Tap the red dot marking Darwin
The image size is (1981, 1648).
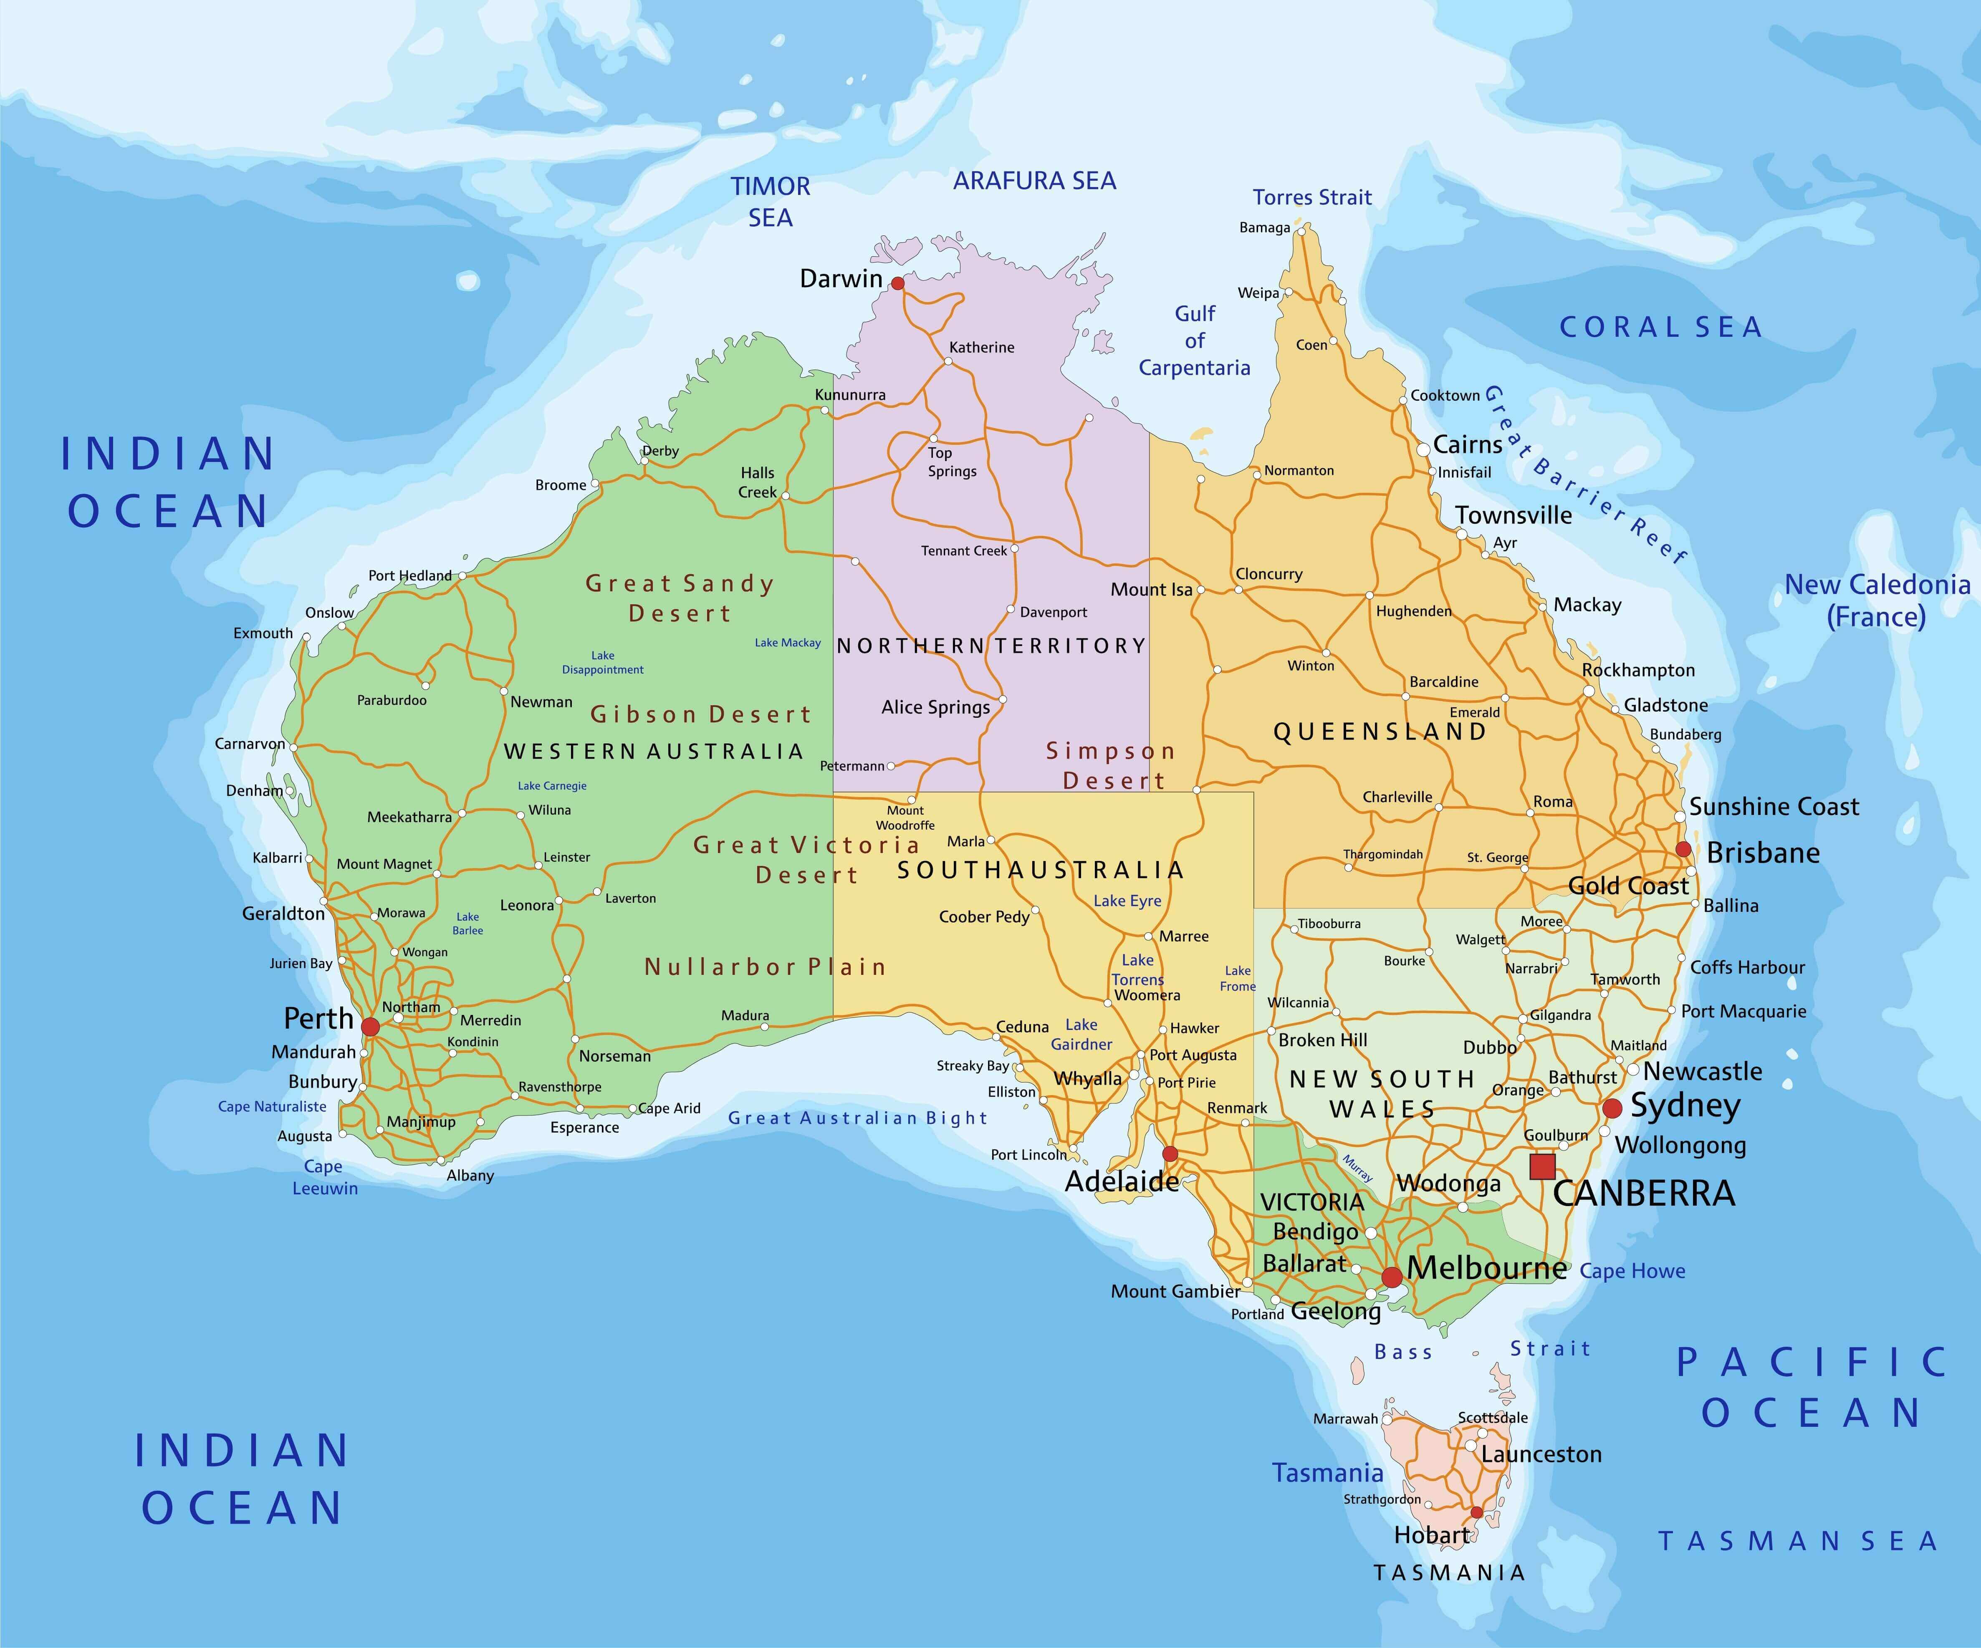click(x=897, y=283)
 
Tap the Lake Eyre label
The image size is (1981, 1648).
click(x=1127, y=901)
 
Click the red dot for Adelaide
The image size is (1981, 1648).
click(x=1170, y=1154)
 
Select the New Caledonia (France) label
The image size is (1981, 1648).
click(x=1876, y=601)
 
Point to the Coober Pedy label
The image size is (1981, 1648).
click(x=984, y=917)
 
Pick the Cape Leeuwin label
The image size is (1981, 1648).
click(x=324, y=1177)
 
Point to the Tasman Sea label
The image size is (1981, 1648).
click(x=1797, y=1542)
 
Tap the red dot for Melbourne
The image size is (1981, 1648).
click(x=1392, y=1277)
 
